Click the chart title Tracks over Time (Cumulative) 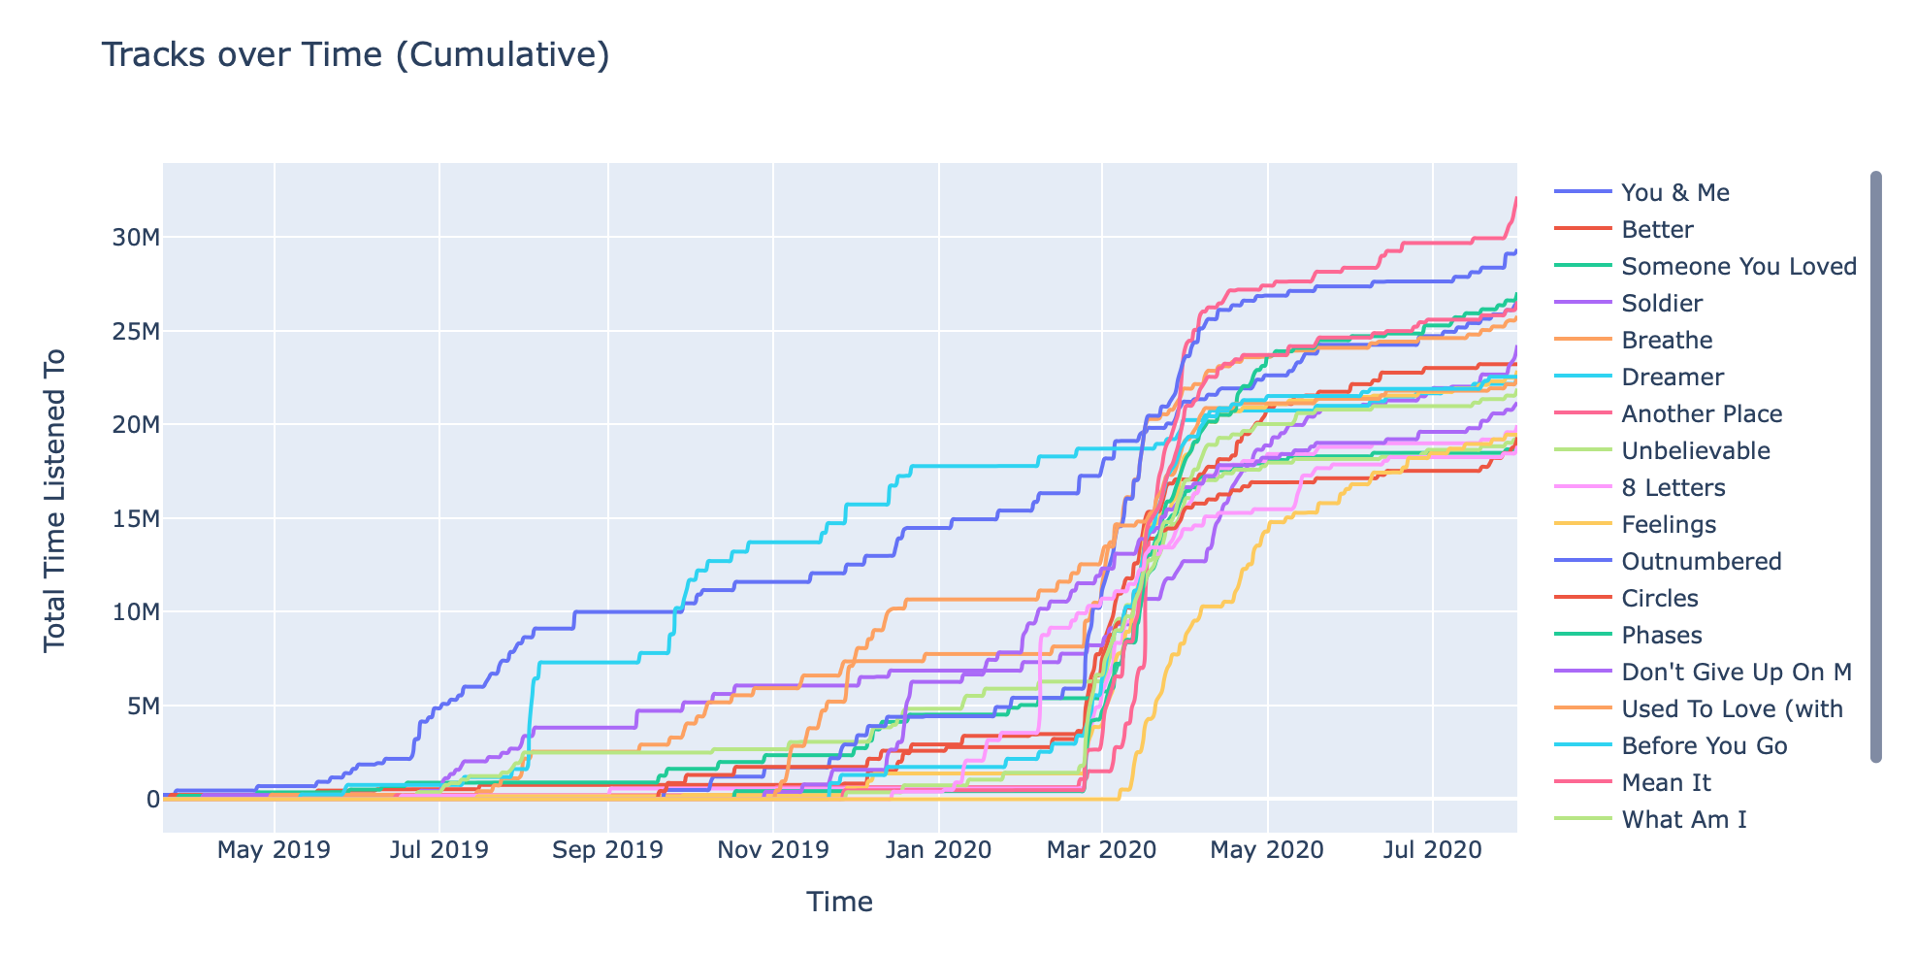tap(355, 55)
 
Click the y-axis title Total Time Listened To tap(55, 500)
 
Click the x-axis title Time tap(839, 903)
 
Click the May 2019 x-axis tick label tap(274, 851)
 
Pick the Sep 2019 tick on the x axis tap(608, 851)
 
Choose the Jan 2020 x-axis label tap(938, 851)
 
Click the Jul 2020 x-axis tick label tap(1433, 851)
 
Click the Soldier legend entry tap(1661, 304)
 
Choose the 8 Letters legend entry tap(1673, 488)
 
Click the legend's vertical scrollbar tap(1875, 466)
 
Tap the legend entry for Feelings tap(1669, 525)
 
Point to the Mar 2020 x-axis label tap(1102, 851)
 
